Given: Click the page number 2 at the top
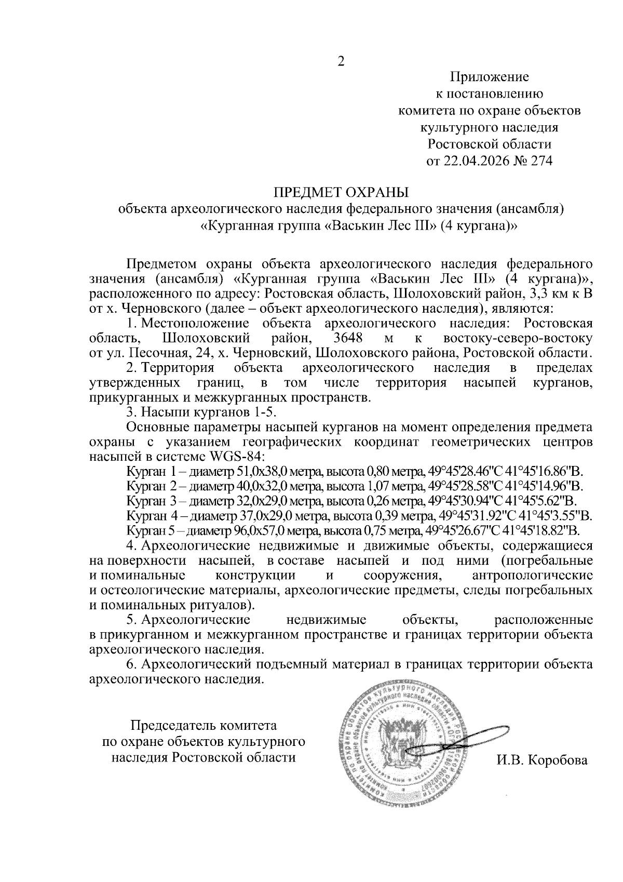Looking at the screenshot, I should [x=341, y=62].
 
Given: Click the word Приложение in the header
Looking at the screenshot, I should [x=489, y=77].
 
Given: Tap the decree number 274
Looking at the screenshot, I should [x=540, y=161].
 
